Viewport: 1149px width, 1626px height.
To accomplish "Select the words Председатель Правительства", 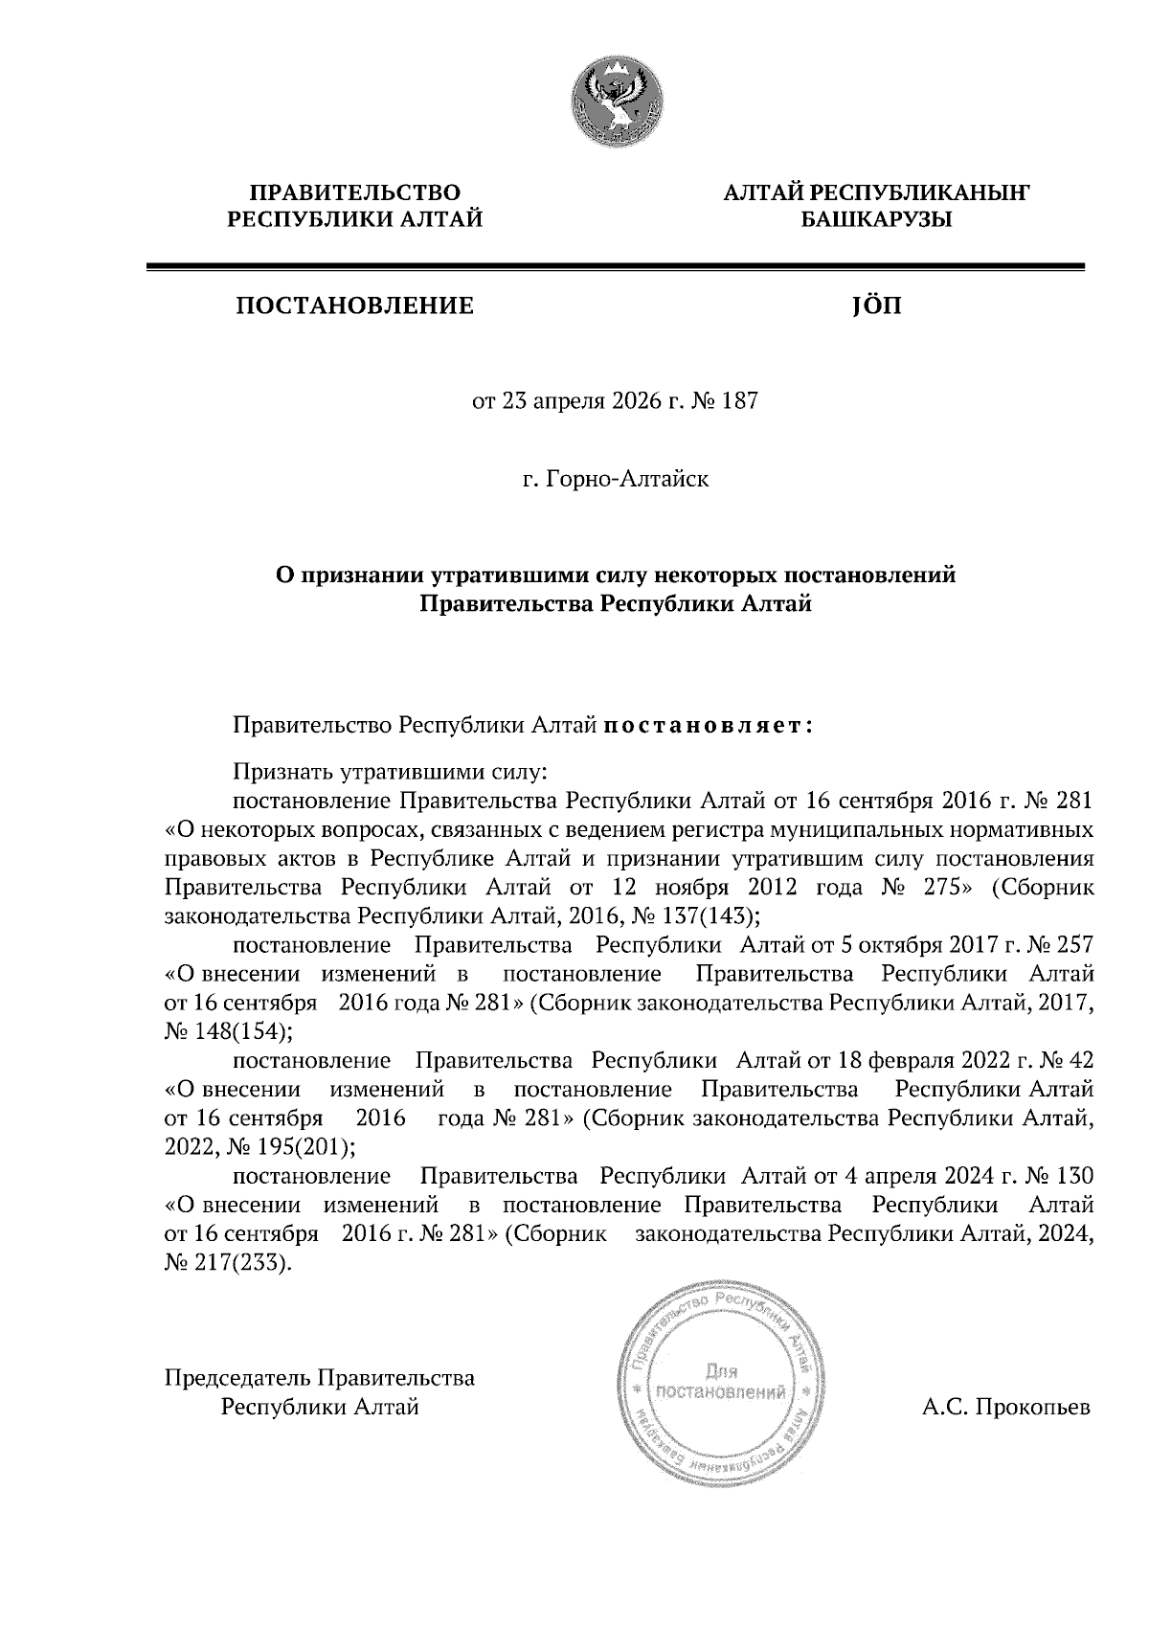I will pyautogui.click(x=320, y=1378).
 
